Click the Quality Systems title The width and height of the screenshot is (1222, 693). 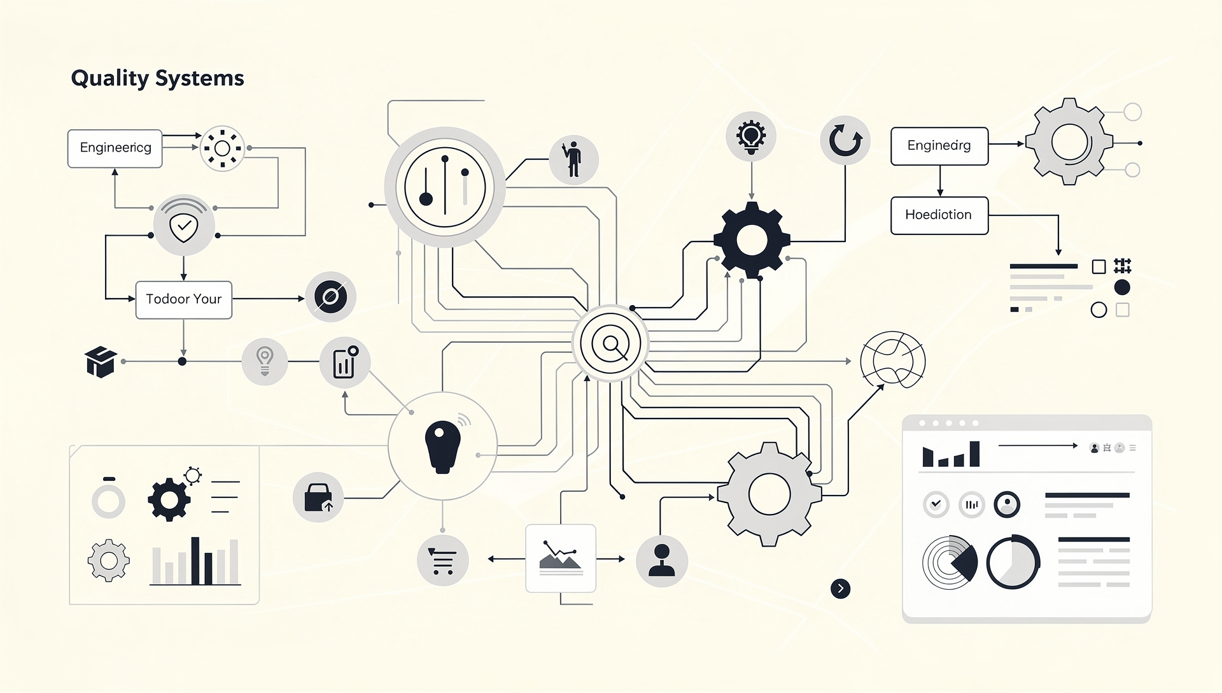(157, 78)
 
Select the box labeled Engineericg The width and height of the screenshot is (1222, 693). (115, 148)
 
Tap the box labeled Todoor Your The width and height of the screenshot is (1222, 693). (183, 299)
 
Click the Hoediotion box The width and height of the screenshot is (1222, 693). (939, 215)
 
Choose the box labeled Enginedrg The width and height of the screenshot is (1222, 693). (939, 146)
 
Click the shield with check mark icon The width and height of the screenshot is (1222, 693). (184, 226)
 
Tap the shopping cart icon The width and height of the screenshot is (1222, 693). (442, 561)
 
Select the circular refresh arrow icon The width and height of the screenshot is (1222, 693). (845, 140)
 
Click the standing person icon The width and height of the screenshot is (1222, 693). (573, 159)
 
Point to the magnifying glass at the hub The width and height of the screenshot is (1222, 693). (611, 344)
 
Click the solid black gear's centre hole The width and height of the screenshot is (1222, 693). (752, 241)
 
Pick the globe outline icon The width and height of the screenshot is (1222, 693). (892, 360)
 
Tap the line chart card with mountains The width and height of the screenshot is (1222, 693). (560, 558)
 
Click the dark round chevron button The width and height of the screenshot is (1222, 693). (840, 589)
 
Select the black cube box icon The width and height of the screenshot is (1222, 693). (101, 362)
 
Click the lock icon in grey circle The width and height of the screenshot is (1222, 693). (318, 497)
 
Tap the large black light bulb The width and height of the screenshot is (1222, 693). (442, 446)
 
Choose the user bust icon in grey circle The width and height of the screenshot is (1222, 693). (661, 561)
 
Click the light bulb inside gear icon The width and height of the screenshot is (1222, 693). (751, 136)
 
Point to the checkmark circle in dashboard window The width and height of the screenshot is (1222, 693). (936, 504)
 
